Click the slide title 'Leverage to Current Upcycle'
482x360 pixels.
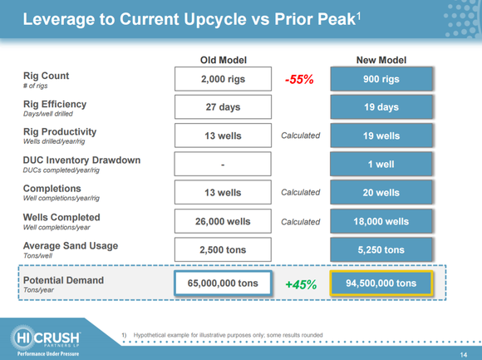[192, 18]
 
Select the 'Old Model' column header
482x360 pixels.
[224, 61]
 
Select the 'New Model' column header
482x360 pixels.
[381, 61]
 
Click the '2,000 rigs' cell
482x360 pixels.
[224, 79]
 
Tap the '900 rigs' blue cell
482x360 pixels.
[381, 79]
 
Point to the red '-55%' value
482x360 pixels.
[300, 80]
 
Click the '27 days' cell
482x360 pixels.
[224, 107]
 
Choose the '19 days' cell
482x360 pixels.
[381, 107]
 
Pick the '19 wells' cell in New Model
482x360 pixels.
[381, 136]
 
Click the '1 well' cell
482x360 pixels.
[381, 164]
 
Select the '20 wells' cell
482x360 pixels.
[381, 192]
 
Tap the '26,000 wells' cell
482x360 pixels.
[224, 221]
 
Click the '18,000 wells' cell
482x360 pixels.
[381, 221]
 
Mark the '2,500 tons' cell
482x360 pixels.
[224, 249]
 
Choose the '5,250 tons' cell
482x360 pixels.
[381, 249]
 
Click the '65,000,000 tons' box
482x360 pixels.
[224, 284]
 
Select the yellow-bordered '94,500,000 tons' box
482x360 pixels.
[381, 284]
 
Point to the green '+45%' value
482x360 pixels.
[300, 284]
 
